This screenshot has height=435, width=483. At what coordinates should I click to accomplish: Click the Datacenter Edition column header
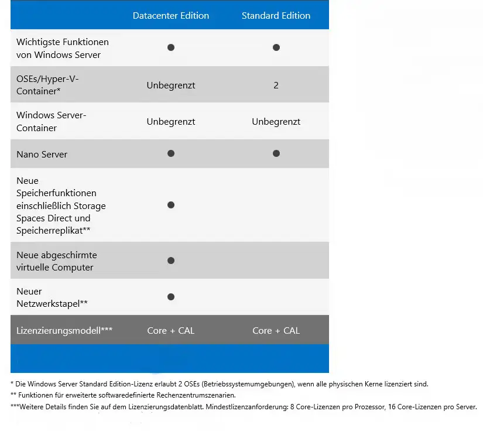(170, 16)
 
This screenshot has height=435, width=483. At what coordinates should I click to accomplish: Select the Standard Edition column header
(276, 16)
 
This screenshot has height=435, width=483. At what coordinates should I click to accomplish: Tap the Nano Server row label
(42, 155)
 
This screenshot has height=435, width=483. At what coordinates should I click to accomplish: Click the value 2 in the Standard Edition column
(276, 85)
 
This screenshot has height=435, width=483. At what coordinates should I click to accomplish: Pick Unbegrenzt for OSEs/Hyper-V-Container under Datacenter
(170, 85)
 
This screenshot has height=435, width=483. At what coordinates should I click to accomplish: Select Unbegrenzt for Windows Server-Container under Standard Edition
(276, 122)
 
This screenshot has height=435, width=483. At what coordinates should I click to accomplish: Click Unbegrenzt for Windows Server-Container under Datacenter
(170, 122)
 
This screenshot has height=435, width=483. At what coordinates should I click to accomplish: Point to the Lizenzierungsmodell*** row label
(64, 331)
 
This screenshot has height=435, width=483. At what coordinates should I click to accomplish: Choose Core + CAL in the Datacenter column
(170, 331)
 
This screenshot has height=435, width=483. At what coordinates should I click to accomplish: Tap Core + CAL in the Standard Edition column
(276, 331)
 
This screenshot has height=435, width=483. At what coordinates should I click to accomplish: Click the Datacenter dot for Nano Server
(171, 153)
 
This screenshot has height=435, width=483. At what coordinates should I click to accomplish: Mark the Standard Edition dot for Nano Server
(276, 153)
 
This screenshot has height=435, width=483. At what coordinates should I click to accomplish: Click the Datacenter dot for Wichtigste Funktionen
(171, 47)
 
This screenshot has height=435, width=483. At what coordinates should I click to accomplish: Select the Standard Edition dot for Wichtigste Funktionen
(276, 47)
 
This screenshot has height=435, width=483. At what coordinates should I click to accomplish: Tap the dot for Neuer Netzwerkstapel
(171, 297)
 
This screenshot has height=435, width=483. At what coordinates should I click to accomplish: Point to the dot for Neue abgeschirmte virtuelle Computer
(171, 261)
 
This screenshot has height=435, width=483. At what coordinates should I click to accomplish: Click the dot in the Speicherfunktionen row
(171, 205)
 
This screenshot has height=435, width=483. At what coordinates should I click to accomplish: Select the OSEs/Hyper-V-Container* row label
(47, 85)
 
